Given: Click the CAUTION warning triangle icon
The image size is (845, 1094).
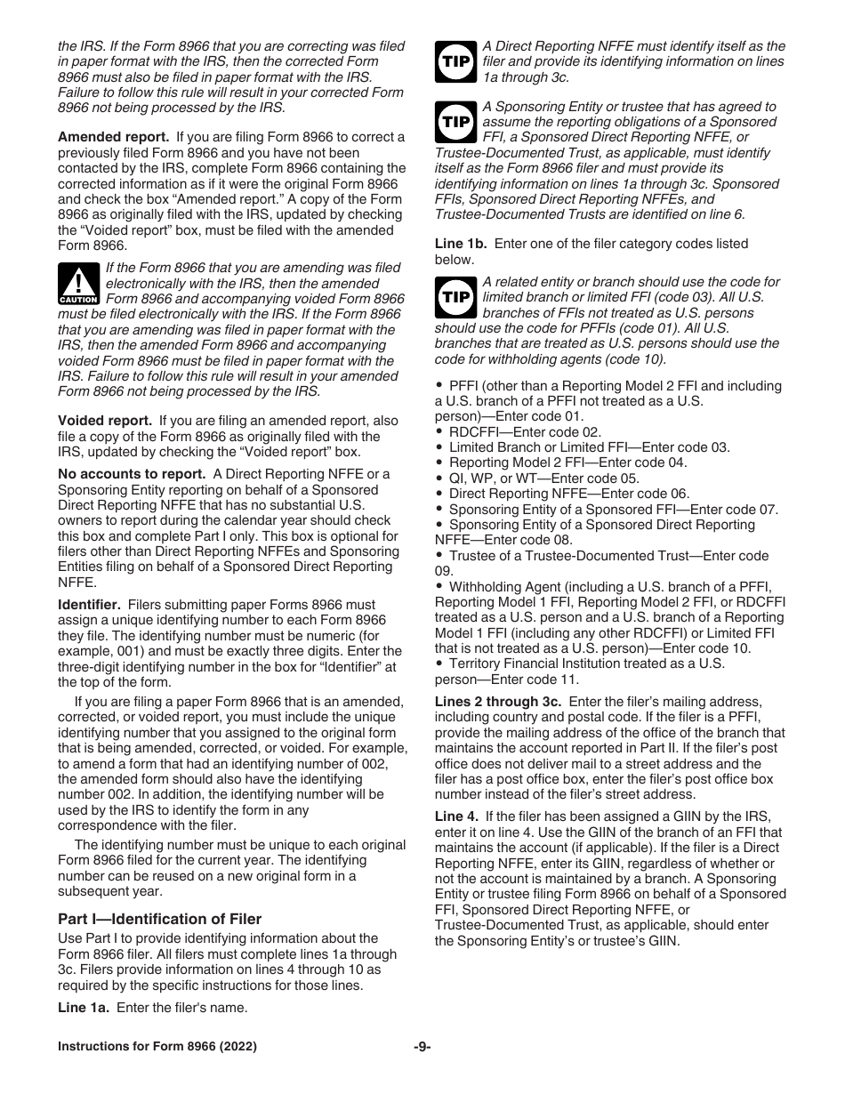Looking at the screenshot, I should (78, 284).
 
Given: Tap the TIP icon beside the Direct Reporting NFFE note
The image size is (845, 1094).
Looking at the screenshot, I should (455, 62).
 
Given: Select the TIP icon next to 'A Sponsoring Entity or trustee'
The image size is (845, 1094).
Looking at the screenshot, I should (455, 122).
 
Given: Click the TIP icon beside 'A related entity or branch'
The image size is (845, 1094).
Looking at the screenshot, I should (455, 297).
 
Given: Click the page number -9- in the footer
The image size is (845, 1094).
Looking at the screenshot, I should (422, 1047).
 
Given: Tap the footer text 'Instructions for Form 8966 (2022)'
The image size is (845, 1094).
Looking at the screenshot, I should (157, 1047).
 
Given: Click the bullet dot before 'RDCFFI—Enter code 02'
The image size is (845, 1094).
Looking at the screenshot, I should (440, 432).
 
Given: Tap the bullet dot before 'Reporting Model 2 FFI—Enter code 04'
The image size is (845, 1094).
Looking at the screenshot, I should (440, 463).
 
